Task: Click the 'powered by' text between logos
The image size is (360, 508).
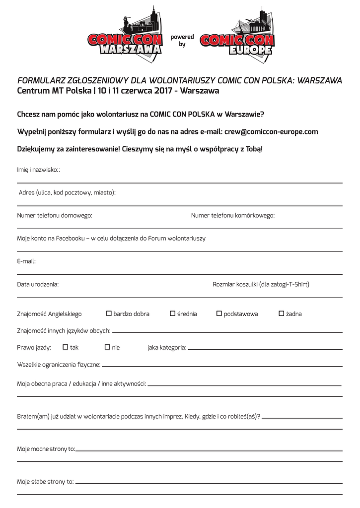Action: pyautogui.click(x=182, y=41)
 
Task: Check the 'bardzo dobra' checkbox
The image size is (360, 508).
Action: pyautogui.click(x=109, y=314)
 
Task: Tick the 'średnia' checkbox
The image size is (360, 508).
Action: pyautogui.click(x=173, y=314)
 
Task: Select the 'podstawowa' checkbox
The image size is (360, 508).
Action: pyautogui.click(x=219, y=314)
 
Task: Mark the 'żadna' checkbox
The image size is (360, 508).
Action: pyautogui.click(x=281, y=314)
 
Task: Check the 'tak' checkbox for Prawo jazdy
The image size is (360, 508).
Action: pyautogui.click(x=66, y=347)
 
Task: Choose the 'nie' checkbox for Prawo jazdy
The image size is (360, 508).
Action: pyautogui.click(x=107, y=347)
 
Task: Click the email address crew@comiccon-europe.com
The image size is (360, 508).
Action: pyautogui.click(x=271, y=132)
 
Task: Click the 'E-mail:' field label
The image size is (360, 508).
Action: pyautogui.click(x=26, y=261)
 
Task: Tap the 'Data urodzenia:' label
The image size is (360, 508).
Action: pyautogui.click(x=38, y=284)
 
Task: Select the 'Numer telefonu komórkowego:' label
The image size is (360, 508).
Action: pyautogui.click(x=233, y=215)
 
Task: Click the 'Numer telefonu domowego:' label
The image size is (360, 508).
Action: pyautogui.click(x=55, y=215)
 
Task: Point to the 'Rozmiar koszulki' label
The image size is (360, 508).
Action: pyautogui.click(x=261, y=284)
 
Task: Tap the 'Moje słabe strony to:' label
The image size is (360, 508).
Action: pyautogui.click(x=45, y=481)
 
